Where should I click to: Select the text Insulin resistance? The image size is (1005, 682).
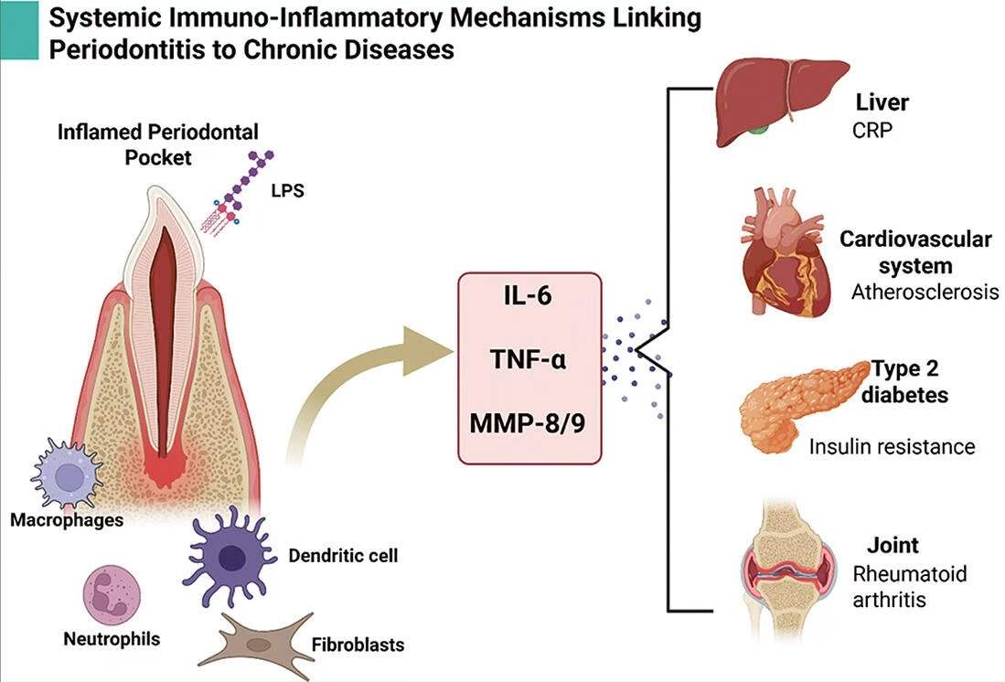coord(892,447)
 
